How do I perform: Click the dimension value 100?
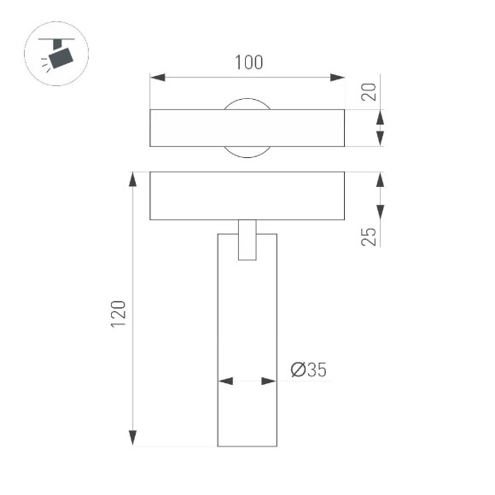(x=247, y=63)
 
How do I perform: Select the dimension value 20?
(x=369, y=91)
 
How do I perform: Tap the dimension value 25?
(x=369, y=236)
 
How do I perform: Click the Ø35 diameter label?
(x=308, y=370)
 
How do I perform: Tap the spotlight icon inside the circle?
(x=59, y=55)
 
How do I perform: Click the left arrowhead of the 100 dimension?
(x=155, y=79)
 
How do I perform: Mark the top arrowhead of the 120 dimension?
(x=132, y=178)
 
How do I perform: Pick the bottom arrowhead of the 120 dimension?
(x=132, y=440)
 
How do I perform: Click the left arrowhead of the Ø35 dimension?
(x=223, y=381)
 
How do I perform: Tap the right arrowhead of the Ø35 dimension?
(x=272, y=381)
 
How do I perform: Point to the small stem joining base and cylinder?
(x=247, y=239)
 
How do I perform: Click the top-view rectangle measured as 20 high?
(x=188, y=128)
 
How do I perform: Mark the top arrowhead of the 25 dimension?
(x=381, y=178)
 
